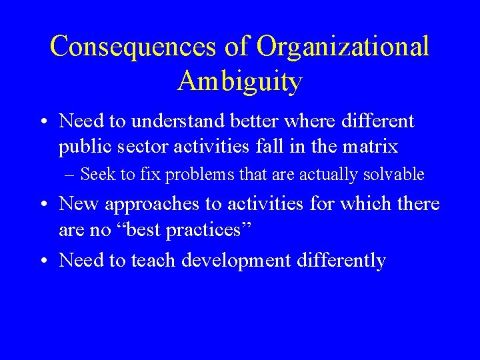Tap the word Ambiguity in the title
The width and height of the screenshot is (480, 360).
click(x=240, y=82)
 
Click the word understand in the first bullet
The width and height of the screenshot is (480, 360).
click(x=174, y=121)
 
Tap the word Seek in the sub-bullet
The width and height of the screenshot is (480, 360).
click(x=95, y=175)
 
